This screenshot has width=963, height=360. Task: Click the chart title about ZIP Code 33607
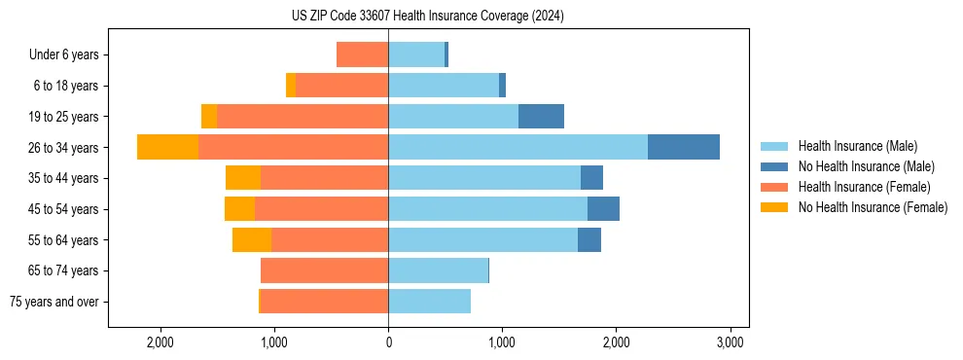coord(427,16)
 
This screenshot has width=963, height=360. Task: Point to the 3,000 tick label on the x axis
coord(731,342)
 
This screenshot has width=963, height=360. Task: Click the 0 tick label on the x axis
coord(388,342)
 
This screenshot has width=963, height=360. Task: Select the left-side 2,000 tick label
coord(160,342)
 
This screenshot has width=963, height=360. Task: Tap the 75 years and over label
coord(53,302)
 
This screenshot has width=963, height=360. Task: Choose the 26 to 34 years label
coord(65,147)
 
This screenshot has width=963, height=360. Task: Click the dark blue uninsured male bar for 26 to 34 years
coord(684,147)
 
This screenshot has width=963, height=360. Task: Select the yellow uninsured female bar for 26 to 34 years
coord(167,147)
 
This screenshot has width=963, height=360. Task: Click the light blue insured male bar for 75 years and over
coord(429,302)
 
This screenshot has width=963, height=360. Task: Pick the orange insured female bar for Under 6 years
coord(362,54)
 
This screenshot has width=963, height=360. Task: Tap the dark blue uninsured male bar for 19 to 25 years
coord(541,117)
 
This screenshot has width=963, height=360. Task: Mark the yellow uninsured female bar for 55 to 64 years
coord(252,239)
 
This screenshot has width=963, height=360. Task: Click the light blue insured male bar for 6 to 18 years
coord(444,86)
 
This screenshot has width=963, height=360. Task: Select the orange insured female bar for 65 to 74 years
coord(324,270)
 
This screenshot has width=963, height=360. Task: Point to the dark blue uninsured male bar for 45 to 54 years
coord(603,209)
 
